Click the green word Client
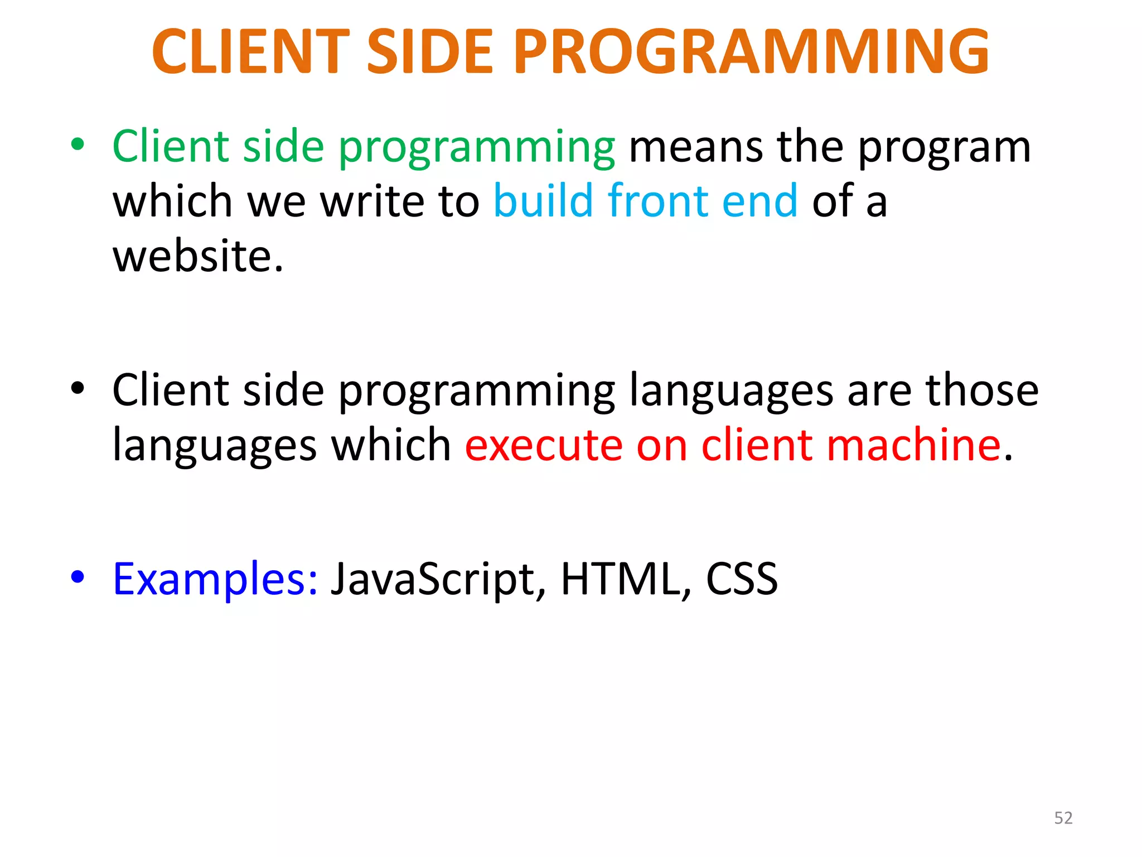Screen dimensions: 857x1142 [171, 146]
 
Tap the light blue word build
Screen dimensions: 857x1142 [543, 200]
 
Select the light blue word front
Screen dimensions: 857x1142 [657, 200]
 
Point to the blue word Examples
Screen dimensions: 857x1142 [215, 580]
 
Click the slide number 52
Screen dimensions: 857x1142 [1063, 818]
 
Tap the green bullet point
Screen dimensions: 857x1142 [78, 145]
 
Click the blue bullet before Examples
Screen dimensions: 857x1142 [78, 576]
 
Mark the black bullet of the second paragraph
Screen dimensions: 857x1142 [78, 388]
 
